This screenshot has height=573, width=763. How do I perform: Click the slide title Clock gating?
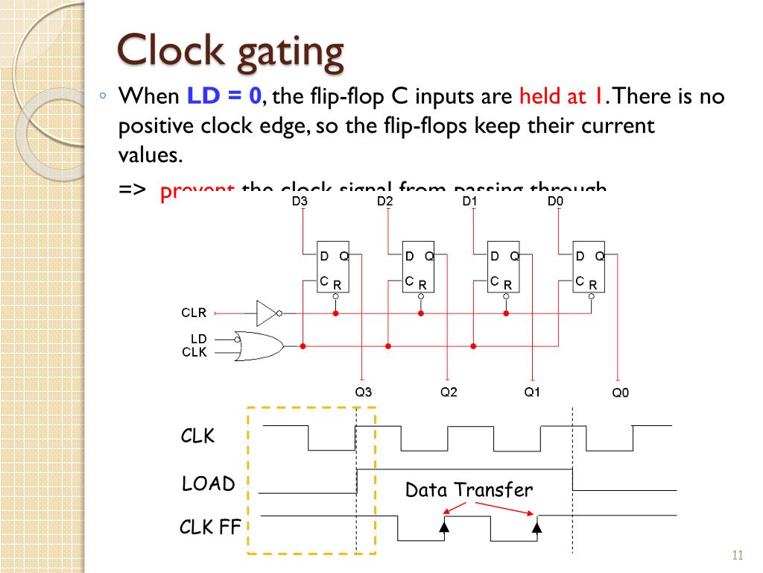click(x=231, y=51)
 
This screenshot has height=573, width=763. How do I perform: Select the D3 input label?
click(x=300, y=201)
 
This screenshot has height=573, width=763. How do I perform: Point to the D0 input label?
click(x=555, y=201)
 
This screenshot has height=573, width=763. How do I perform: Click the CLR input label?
click(x=194, y=313)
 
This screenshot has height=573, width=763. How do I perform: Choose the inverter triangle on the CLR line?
click(x=267, y=313)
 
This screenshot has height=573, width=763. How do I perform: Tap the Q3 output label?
click(x=363, y=392)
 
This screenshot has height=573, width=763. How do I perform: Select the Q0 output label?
click(x=620, y=393)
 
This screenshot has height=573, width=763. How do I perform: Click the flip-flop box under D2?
click(x=418, y=266)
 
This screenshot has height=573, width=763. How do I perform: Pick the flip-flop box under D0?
click(x=589, y=266)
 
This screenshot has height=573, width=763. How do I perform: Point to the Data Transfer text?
click(x=469, y=490)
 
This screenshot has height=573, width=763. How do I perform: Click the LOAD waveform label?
click(x=208, y=484)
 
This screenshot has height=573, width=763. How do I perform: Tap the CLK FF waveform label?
click(x=210, y=527)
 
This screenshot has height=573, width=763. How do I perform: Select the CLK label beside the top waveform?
click(x=197, y=436)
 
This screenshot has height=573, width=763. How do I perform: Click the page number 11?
click(x=738, y=555)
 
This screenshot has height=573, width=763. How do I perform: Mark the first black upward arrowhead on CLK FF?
click(x=444, y=526)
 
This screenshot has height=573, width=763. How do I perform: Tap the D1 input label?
click(x=469, y=201)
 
